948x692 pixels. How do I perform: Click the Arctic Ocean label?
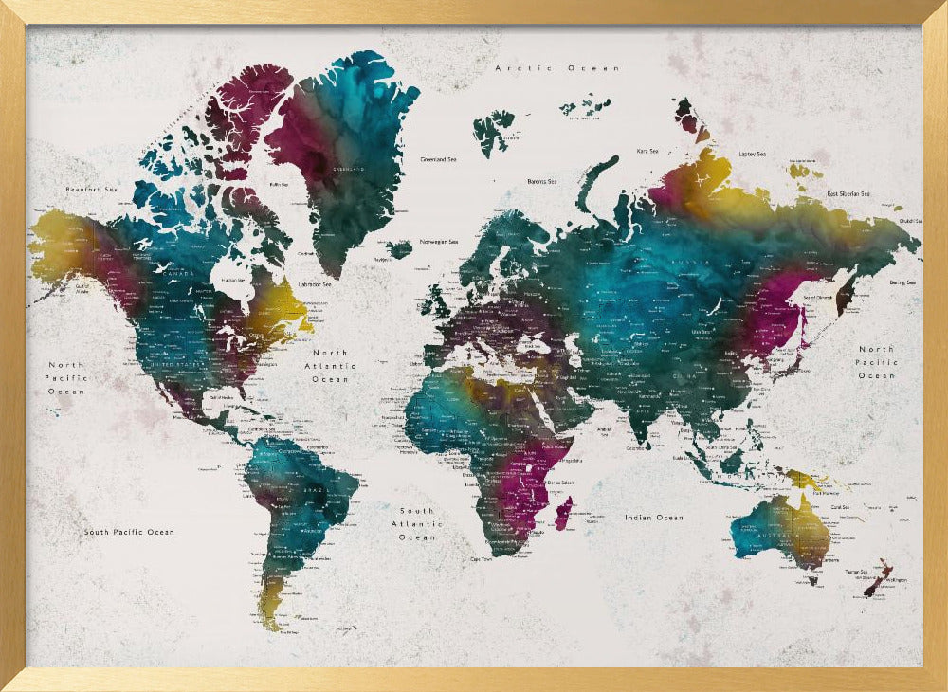coord(556,68)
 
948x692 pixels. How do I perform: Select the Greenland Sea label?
coord(439,159)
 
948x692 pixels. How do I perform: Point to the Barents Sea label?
coord(542,181)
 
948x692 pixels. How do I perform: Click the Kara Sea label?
coord(647,150)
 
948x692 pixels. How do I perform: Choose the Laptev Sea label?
coord(753,154)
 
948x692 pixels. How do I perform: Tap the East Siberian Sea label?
coord(861,193)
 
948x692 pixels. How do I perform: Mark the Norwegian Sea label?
coord(440,241)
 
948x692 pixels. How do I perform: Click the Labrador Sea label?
coord(315,283)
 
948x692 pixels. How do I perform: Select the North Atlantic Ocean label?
coord(331,366)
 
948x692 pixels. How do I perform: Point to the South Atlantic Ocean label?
coord(417,524)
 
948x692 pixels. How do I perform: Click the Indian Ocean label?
coord(654,518)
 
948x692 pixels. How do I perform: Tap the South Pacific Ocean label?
coord(129,532)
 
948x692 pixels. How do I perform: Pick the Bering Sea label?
coord(901,282)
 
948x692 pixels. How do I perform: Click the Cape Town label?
coord(481,559)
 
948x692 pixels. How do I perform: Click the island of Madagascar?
coord(563,516)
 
